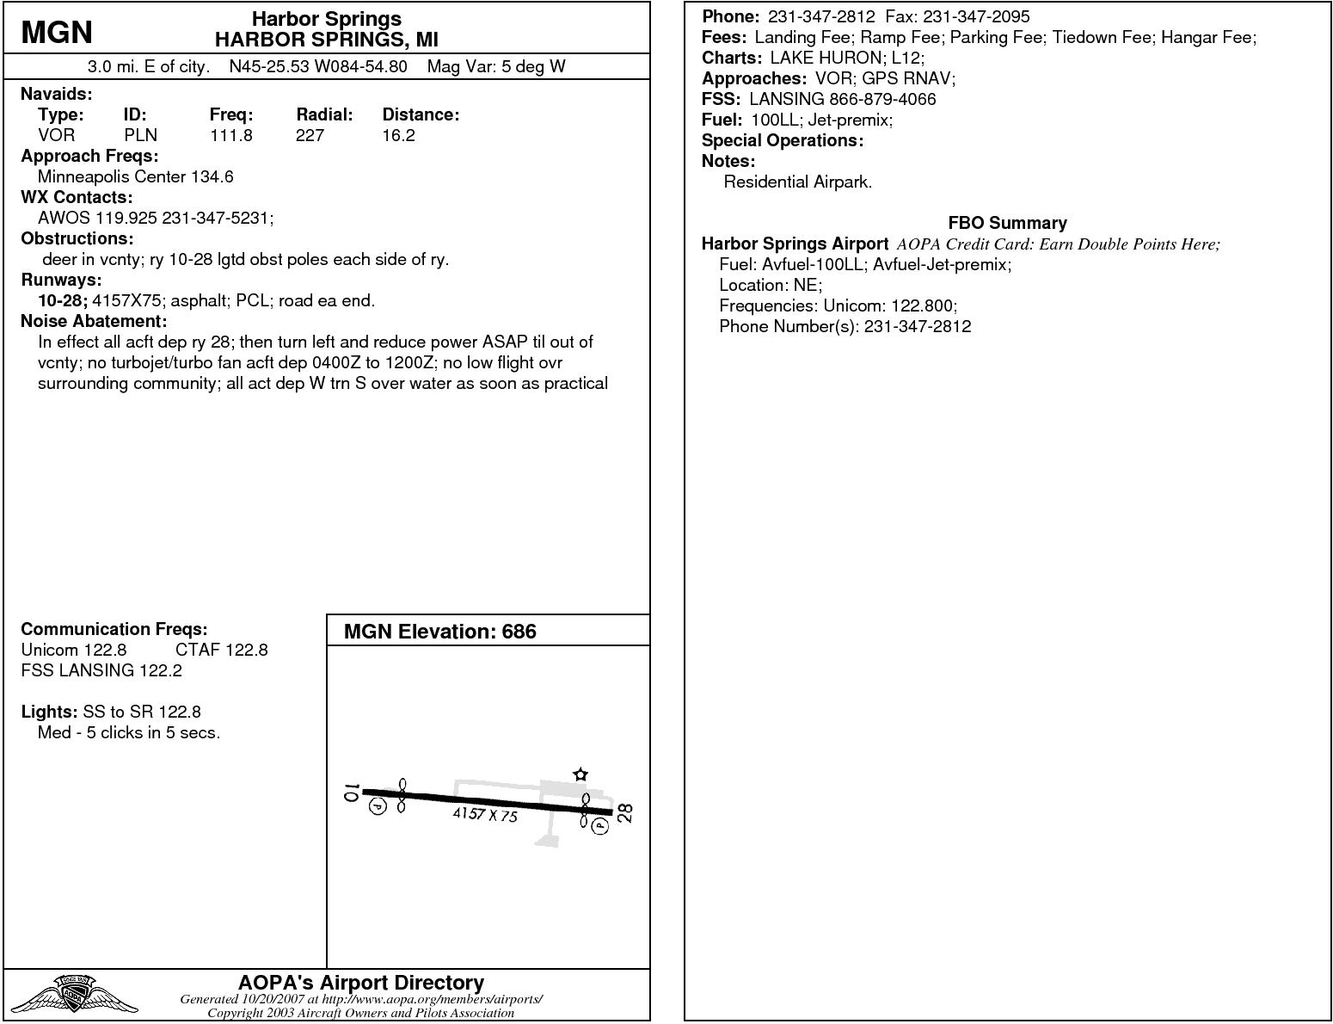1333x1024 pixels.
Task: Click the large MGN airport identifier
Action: click(57, 32)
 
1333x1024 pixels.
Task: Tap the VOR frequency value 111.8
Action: click(230, 135)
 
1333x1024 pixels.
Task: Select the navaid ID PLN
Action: click(140, 135)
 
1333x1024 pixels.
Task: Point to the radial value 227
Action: click(310, 135)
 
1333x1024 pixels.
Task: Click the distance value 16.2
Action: click(398, 135)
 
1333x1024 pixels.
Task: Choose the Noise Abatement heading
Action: click(94, 321)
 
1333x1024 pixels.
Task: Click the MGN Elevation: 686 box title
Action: click(439, 632)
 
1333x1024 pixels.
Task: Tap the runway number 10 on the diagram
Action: click(350, 793)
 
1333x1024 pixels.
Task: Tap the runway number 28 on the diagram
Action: click(625, 813)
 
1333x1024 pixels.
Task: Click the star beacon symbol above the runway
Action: click(580, 774)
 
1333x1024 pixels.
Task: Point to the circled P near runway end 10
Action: click(378, 806)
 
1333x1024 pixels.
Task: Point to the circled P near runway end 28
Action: click(599, 826)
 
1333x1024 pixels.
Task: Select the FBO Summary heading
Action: click(1007, 223)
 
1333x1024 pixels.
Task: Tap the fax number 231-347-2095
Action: click(976, 16)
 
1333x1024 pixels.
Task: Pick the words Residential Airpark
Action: click(797, 182)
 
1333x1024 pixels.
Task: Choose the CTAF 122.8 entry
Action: click(221, 650)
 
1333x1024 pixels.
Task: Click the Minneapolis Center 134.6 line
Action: click(135, 176)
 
